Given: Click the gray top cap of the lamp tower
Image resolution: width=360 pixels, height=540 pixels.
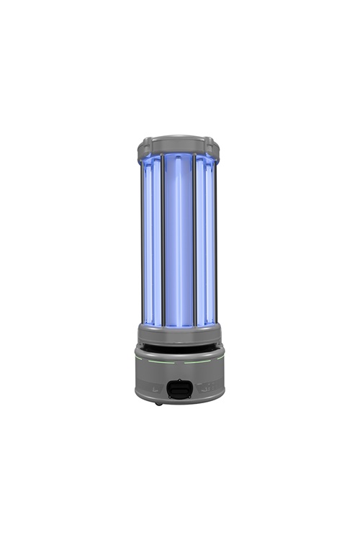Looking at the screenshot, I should tap(179, 143).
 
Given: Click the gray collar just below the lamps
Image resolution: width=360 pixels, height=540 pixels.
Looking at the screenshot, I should tap(179, 334).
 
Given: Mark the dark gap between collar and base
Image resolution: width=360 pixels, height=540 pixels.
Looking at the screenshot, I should tap(179, 348).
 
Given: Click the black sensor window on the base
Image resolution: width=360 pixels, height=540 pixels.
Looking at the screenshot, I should tap(179, 390).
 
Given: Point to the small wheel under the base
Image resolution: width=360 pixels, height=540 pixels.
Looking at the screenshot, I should tap(158, 403).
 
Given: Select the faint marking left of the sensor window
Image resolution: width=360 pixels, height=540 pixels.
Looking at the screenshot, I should tap(154, 388).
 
